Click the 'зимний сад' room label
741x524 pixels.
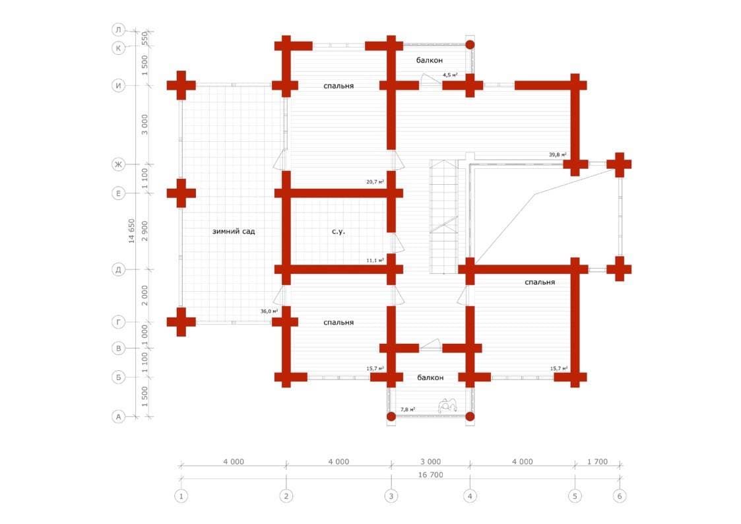point(234,232)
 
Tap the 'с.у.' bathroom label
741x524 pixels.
point(338,232)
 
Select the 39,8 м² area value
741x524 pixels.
point(558,155)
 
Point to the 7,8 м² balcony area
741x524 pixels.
point(408,410)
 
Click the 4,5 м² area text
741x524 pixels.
point(451,75)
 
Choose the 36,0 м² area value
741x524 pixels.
point(269,311)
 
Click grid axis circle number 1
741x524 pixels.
point(180,496)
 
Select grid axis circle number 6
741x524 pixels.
point(620,496)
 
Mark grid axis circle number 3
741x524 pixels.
point(391,496)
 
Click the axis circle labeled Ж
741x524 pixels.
point(118,164)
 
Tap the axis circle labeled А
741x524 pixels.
point(118,416)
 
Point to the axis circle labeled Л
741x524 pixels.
point(118,30)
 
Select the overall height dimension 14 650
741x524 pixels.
point(132,231)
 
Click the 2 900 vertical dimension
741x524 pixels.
point(145,231)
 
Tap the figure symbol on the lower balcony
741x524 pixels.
point(447,405)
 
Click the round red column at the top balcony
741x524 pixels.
point(470,45)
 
